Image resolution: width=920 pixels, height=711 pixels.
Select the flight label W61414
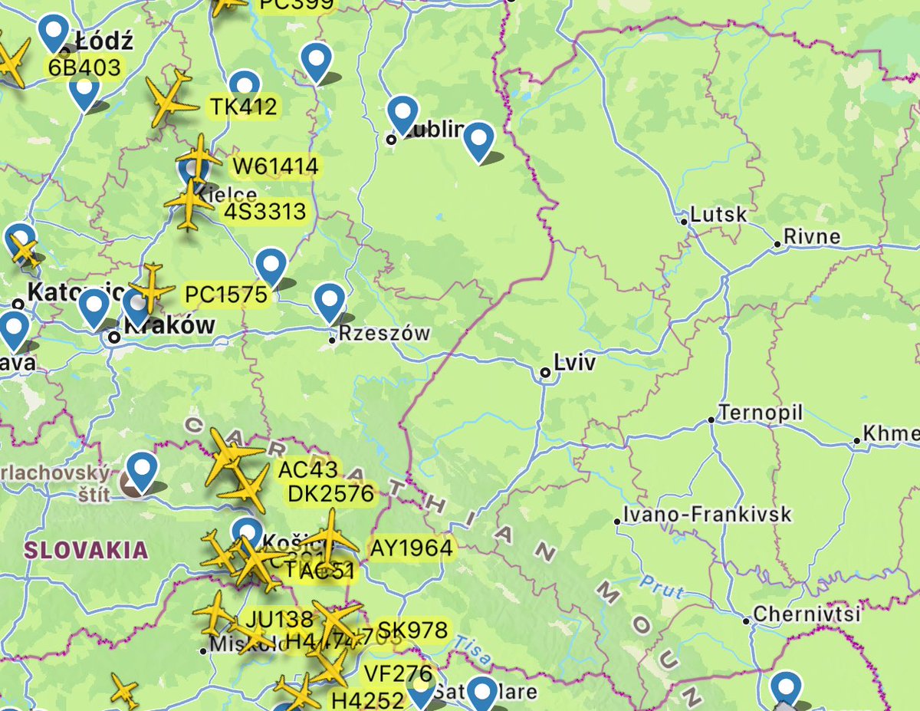click(265, 166)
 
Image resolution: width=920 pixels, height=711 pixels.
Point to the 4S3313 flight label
click(265, 211)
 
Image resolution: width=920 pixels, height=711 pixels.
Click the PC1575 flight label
click(226, 294)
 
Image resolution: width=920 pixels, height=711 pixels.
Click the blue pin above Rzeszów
click(330, 301)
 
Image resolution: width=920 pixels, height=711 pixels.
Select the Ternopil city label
click(760, 413)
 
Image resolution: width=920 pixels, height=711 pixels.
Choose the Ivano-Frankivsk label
click(706, 514)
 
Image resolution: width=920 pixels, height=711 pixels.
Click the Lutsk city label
click(718, 214)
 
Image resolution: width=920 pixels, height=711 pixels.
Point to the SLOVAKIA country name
click(85, 549)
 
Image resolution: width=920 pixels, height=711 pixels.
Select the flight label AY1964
click(411, 548)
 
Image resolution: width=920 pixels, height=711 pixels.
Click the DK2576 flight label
click(331, 493)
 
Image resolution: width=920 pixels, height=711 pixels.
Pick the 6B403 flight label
click(84, 67)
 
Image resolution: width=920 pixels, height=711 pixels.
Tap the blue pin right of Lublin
click(479, 140)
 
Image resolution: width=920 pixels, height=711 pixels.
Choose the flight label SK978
click(412, 630)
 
